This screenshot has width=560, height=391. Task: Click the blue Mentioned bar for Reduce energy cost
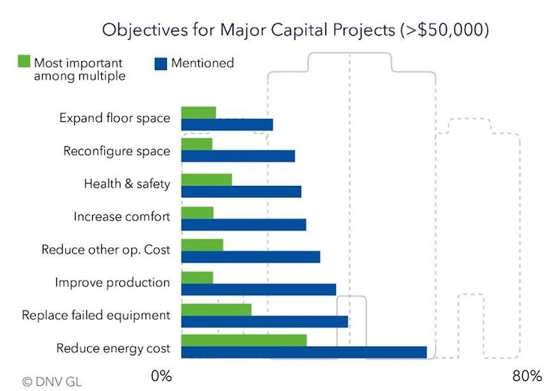coord(304,353)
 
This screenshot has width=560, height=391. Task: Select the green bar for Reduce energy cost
coord(244,340)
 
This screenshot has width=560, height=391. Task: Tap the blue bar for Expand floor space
coord(227,125)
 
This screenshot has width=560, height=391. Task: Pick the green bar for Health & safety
coord(207,179)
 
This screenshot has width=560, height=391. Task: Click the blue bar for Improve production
coord(258,288)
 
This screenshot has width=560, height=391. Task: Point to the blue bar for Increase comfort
coord(243,224)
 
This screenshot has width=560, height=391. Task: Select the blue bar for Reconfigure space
coord(238,157)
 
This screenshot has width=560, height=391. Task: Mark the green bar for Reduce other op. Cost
coord(202,245)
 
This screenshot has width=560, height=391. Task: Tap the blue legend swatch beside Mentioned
coord(160,63)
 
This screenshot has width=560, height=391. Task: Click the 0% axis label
coord(162,375)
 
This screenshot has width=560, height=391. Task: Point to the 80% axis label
coord(527,375)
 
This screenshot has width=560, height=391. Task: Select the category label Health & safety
coord(127,184)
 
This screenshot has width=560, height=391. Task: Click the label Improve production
coord(113,283)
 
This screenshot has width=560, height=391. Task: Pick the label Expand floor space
coord(115,118)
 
